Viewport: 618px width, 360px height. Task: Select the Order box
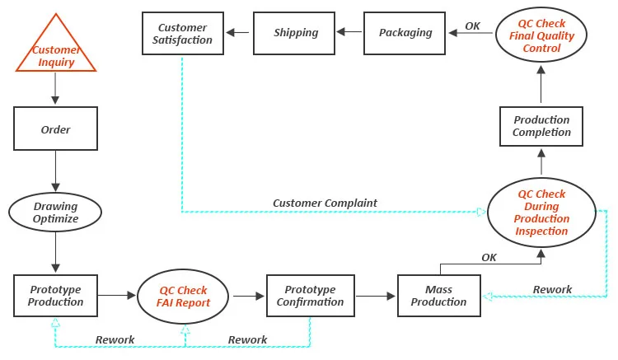pyautogui.click(x=55, y=129)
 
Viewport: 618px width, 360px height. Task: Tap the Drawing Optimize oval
pyautogui.click(x=55, y=213)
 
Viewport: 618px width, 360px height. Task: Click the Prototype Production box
pyautogui.click(x=55, y=296)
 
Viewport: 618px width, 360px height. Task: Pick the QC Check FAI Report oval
pyautogui.click(x=184, y=297)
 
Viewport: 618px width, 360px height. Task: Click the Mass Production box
pyautogui.click(x=439, y=296)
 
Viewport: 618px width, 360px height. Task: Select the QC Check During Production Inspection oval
pyautogui.click(x=541, y=213)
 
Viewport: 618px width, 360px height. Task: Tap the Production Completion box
pyautogui.click(x=541, y=126)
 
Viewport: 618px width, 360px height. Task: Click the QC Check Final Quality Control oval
pyautogui.click(x=541, y=36)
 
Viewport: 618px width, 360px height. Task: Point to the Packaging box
pyautogui.click(x=405, y=33)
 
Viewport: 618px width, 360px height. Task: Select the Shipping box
pyautogui.click(x=296, y=33)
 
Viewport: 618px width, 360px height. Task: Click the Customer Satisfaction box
pyautogui.click(x=184, y=34)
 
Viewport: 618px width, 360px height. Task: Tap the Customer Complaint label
pyautogui.click(x=325, y=203)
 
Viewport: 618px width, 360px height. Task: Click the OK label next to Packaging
pyautogui.click(x=472, y=26)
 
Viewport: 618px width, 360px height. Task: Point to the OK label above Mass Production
pyautogui.click(x=489, y=258)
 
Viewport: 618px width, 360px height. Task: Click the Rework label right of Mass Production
pyautogui.click(x=552, y=289)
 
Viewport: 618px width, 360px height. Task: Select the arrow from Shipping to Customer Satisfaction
pyautogui.click(x=240, y=33)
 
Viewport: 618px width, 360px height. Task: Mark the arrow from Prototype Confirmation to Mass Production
pyautogui.click(x=376, y=294)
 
